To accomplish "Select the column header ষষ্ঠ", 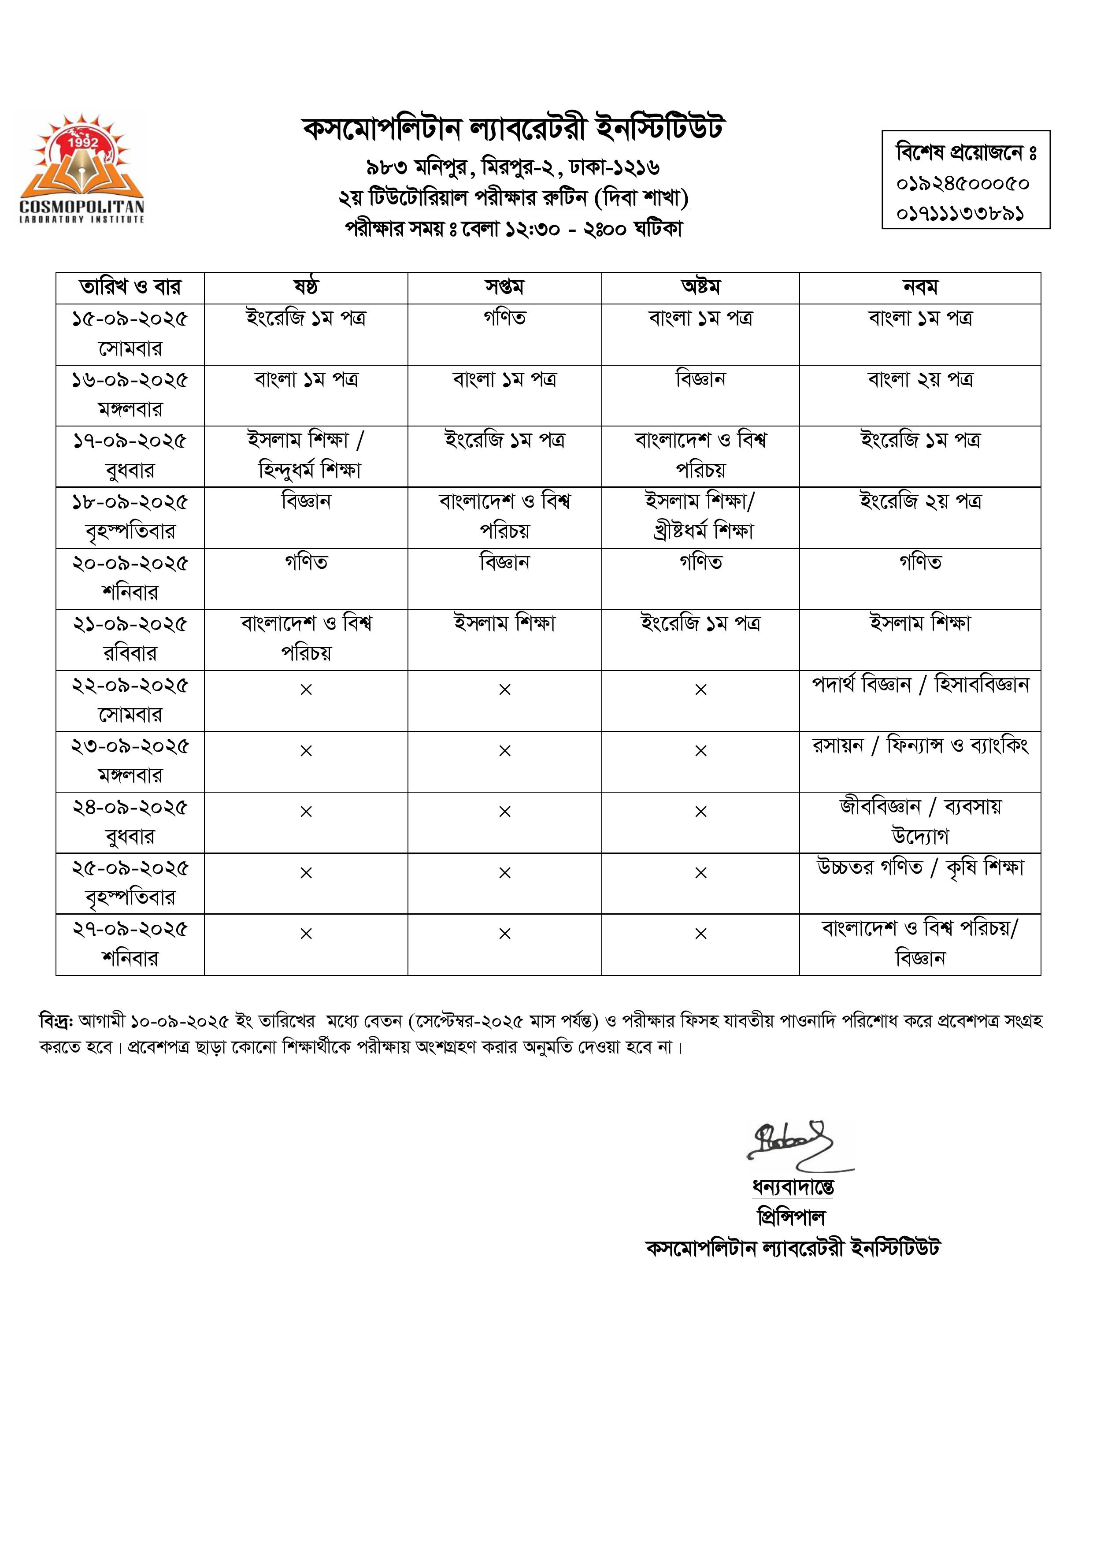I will coord(306,288).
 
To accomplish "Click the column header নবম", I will coord(920,288).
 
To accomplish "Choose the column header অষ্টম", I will coord(700,288).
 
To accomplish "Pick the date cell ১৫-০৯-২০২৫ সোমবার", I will coord(130,334).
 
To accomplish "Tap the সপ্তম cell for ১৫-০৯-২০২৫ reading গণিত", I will coord(504,318).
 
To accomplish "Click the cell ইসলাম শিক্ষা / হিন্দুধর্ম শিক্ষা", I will coord(306,455).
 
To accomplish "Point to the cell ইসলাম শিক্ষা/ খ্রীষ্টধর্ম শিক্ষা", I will coord(700,516).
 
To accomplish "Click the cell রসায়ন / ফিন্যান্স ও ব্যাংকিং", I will coord(920,746).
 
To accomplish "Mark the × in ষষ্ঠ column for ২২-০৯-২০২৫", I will coord(306,690).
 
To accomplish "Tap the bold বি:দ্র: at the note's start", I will coord(56,1021).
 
